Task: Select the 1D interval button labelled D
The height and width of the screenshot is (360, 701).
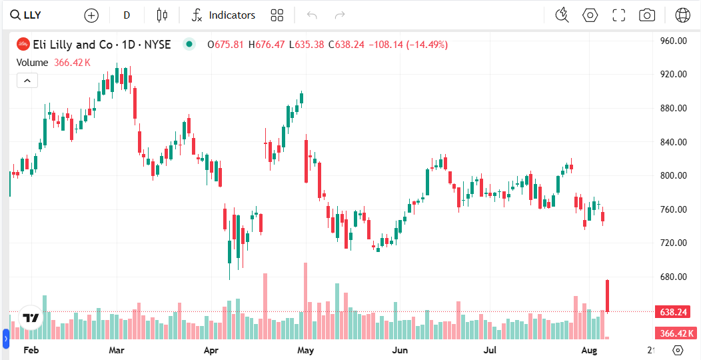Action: click(127, 15)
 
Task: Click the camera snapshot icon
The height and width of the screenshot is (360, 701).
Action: click(646, 15)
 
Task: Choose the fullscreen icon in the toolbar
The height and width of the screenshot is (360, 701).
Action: click(618, 15)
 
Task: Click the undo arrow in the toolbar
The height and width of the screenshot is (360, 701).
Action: click(312, 15)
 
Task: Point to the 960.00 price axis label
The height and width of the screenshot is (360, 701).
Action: click(673, 41)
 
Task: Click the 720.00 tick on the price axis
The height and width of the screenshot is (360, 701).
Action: click(673, 243)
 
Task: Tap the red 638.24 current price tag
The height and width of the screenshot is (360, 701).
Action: click(673, 312)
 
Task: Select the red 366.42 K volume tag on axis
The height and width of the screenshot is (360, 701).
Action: click(673, 333)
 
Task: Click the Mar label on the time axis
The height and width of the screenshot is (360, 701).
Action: click(117, 350)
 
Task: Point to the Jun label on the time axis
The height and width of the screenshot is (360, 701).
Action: click(400, 350)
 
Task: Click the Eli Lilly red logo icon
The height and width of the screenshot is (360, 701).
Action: click(23, 45)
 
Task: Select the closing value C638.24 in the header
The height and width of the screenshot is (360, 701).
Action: click(349, 45)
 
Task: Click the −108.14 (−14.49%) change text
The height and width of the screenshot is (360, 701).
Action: click(408, 45)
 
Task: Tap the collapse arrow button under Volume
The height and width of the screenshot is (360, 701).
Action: click(27, 81)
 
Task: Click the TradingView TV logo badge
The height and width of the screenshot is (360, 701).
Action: click(31, 318)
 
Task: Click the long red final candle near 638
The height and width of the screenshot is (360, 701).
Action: click(608, 296)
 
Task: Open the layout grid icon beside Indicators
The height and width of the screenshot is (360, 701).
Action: click(277, 15)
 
